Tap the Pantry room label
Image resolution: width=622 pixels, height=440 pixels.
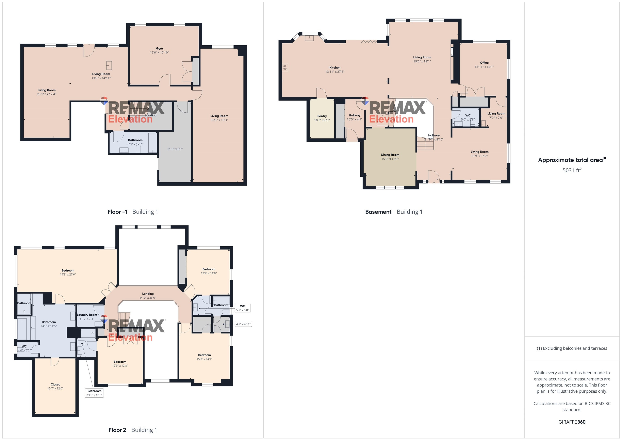pyautogui.click(x=322, y=116)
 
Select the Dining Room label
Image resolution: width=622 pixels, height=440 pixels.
pyautogui.click(x=390, y=155)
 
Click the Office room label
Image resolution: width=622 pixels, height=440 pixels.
pyautogui.click(x=484, y=63)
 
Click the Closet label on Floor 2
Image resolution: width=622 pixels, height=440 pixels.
pyautogui.click(x=55, y=384)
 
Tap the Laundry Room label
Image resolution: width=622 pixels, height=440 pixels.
pyautogui.click(x=87, y=315)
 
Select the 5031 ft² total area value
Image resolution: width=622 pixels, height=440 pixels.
pyautogui.click(x=572, y=170)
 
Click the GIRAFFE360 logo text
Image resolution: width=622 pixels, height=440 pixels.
pyautogui.click(x=572, y=422)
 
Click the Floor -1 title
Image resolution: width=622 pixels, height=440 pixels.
pyautogui.click(x=117, y=212)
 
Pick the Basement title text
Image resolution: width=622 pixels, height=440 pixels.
pyautogui.click(x=378, y=212)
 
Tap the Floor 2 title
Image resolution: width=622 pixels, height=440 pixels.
pyautogui.click(x=117, y=430)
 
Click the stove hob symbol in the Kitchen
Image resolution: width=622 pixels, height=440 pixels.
pyautogui.click(x=285, y=67)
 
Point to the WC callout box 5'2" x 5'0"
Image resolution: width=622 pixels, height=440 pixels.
pyautogui.click(x=242, y=308)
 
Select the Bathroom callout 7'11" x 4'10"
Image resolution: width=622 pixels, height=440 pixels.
pyautogui.click(x=94, y=393)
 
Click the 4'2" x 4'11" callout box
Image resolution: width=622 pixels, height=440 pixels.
pyautogui.click(x=243, y=324)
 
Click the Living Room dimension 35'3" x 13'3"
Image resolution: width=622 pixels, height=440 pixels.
pyautogui.click(x=219, y=120)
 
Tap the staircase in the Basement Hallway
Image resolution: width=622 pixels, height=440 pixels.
pyautogui.click(x=425, y=144)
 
